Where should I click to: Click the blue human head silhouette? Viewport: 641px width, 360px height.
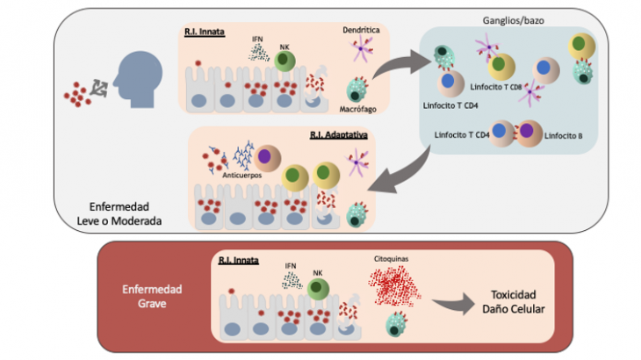138,79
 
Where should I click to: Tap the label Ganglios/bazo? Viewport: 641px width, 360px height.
513,20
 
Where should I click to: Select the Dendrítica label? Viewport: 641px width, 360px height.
361,30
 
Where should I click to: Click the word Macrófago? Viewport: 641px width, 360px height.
357,109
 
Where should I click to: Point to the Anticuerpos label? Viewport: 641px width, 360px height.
242,175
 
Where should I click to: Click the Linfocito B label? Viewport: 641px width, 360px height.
564,136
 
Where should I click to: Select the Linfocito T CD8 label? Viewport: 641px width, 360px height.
496,87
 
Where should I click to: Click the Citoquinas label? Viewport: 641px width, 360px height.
391,259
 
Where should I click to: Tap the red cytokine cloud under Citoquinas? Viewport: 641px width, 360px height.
394,285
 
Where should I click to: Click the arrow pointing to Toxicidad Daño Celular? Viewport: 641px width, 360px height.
454,304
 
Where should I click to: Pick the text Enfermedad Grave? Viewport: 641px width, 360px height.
152,296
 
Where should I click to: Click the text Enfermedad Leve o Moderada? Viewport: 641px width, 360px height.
119,213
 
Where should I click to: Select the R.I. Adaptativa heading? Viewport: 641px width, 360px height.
338,135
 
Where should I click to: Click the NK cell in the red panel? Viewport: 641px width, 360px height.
318,289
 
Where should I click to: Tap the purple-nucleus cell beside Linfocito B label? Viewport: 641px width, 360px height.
529,133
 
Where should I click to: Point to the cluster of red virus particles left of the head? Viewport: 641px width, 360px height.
77,94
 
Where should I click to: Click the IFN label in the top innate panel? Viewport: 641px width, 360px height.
257,40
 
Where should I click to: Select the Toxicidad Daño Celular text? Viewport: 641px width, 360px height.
514,301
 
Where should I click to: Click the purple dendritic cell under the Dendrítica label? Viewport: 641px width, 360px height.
361,48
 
